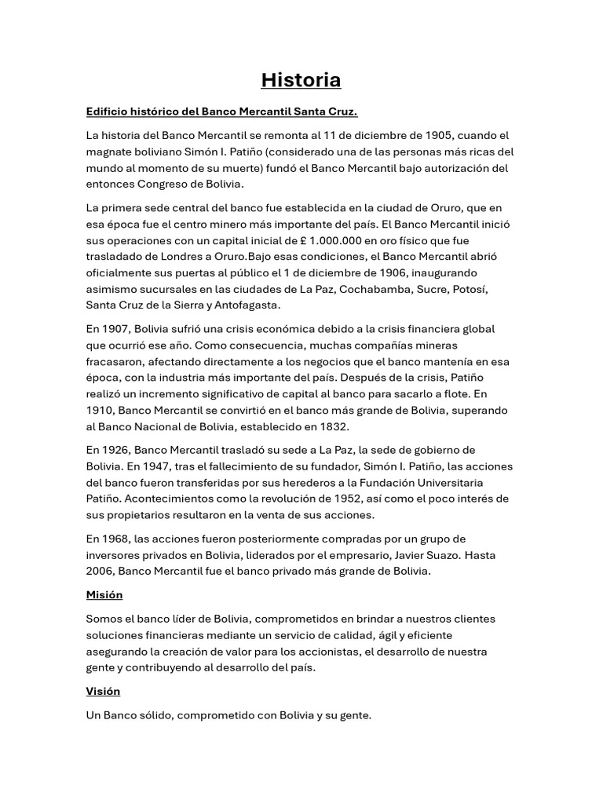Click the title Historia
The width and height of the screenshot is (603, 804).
click(301, 80)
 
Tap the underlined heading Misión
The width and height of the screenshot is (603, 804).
click(104, 595)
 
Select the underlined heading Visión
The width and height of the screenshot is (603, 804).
click(103, 692)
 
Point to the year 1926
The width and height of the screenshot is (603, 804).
click(115, 450)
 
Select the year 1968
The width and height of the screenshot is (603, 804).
click(115, 539)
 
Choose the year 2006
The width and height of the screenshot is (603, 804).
click(100, 571)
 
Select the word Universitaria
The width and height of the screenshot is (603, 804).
click(445, 482)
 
